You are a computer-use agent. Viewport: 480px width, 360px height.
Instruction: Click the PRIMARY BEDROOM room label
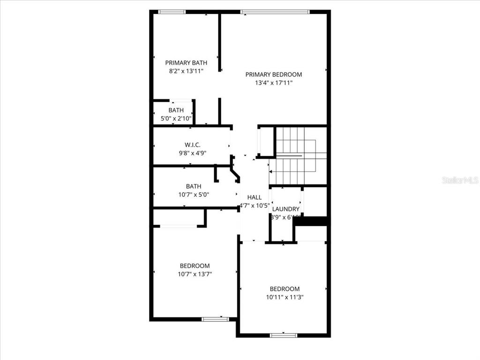tap(274, 74)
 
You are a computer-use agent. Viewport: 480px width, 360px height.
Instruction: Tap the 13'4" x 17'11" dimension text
tap(274, 83)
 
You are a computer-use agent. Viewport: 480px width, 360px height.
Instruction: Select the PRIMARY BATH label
tap(186, 63)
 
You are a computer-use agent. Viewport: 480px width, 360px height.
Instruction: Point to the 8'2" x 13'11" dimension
tap(186, 71)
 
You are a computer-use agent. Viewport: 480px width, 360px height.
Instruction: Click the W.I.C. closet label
tap(192, 145)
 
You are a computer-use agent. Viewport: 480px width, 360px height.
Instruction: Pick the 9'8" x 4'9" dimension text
tap(192, 153)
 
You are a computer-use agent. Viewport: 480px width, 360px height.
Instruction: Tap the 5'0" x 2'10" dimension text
tap(176, 119)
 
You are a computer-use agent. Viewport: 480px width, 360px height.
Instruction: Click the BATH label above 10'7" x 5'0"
tap(193, 186)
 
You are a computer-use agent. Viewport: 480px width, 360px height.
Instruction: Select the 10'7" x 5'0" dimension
tap(193, 194)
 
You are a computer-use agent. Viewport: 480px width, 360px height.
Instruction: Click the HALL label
tap(255, 197)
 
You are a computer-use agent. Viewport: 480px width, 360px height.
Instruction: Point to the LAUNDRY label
tap(285, 209)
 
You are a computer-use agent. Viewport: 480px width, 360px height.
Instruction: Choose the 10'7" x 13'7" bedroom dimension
tap(195, 274)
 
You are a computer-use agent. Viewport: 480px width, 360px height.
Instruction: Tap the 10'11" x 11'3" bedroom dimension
tap(284, 297)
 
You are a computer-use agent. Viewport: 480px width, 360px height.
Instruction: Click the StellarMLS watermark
tap(460, 180)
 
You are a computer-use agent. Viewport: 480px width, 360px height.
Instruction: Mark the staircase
tap(297, 156)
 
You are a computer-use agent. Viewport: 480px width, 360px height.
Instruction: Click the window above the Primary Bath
tap(172, 12)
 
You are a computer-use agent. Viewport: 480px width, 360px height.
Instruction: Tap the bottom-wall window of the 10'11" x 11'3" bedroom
tap(284, 335)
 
